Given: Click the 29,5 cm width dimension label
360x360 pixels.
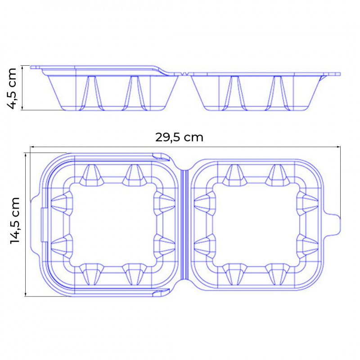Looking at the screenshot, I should tap(179, 137).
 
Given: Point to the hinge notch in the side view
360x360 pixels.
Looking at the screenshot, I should tap(184, 73).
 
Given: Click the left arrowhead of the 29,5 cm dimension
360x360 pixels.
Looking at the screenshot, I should tap(32, 146).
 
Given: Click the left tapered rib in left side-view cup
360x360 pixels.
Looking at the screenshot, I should tap(91, 92).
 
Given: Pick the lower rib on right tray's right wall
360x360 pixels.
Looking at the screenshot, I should tap(309, 245).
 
